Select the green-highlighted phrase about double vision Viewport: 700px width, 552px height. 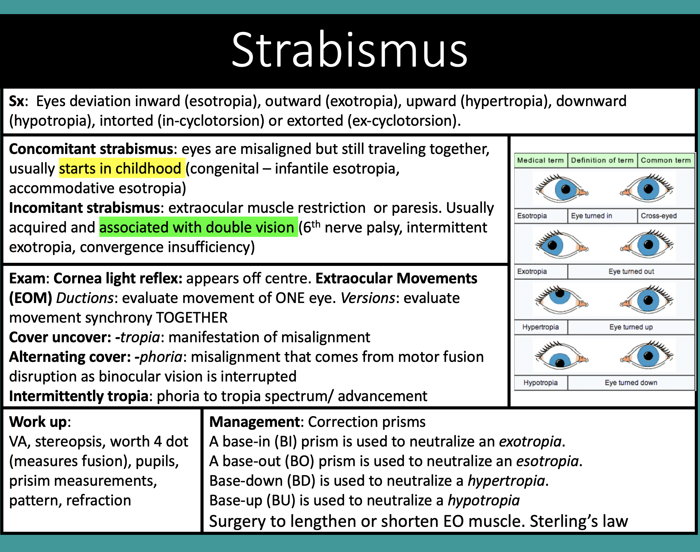pos(198,227)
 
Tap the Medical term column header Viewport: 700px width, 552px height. pos(540,160)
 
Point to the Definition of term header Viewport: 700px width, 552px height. pos(602,160)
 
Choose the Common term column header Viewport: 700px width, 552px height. pos(666,160)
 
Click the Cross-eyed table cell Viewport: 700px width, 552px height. pos(659,216)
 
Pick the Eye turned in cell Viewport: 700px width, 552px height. pos(591,216)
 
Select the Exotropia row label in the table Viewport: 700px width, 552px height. pos(532,271)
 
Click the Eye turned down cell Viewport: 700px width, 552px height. pos(631,383)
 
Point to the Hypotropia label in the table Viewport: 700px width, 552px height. pos(541,383)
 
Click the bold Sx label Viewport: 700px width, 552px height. pos(17,101)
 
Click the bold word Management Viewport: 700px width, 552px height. pos(255,422)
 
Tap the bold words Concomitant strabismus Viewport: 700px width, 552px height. pos(91,149)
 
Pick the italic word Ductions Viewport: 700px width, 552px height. pos(85,298)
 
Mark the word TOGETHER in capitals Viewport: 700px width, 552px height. pos(192,318)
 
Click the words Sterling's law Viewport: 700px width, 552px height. pos(579,521)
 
